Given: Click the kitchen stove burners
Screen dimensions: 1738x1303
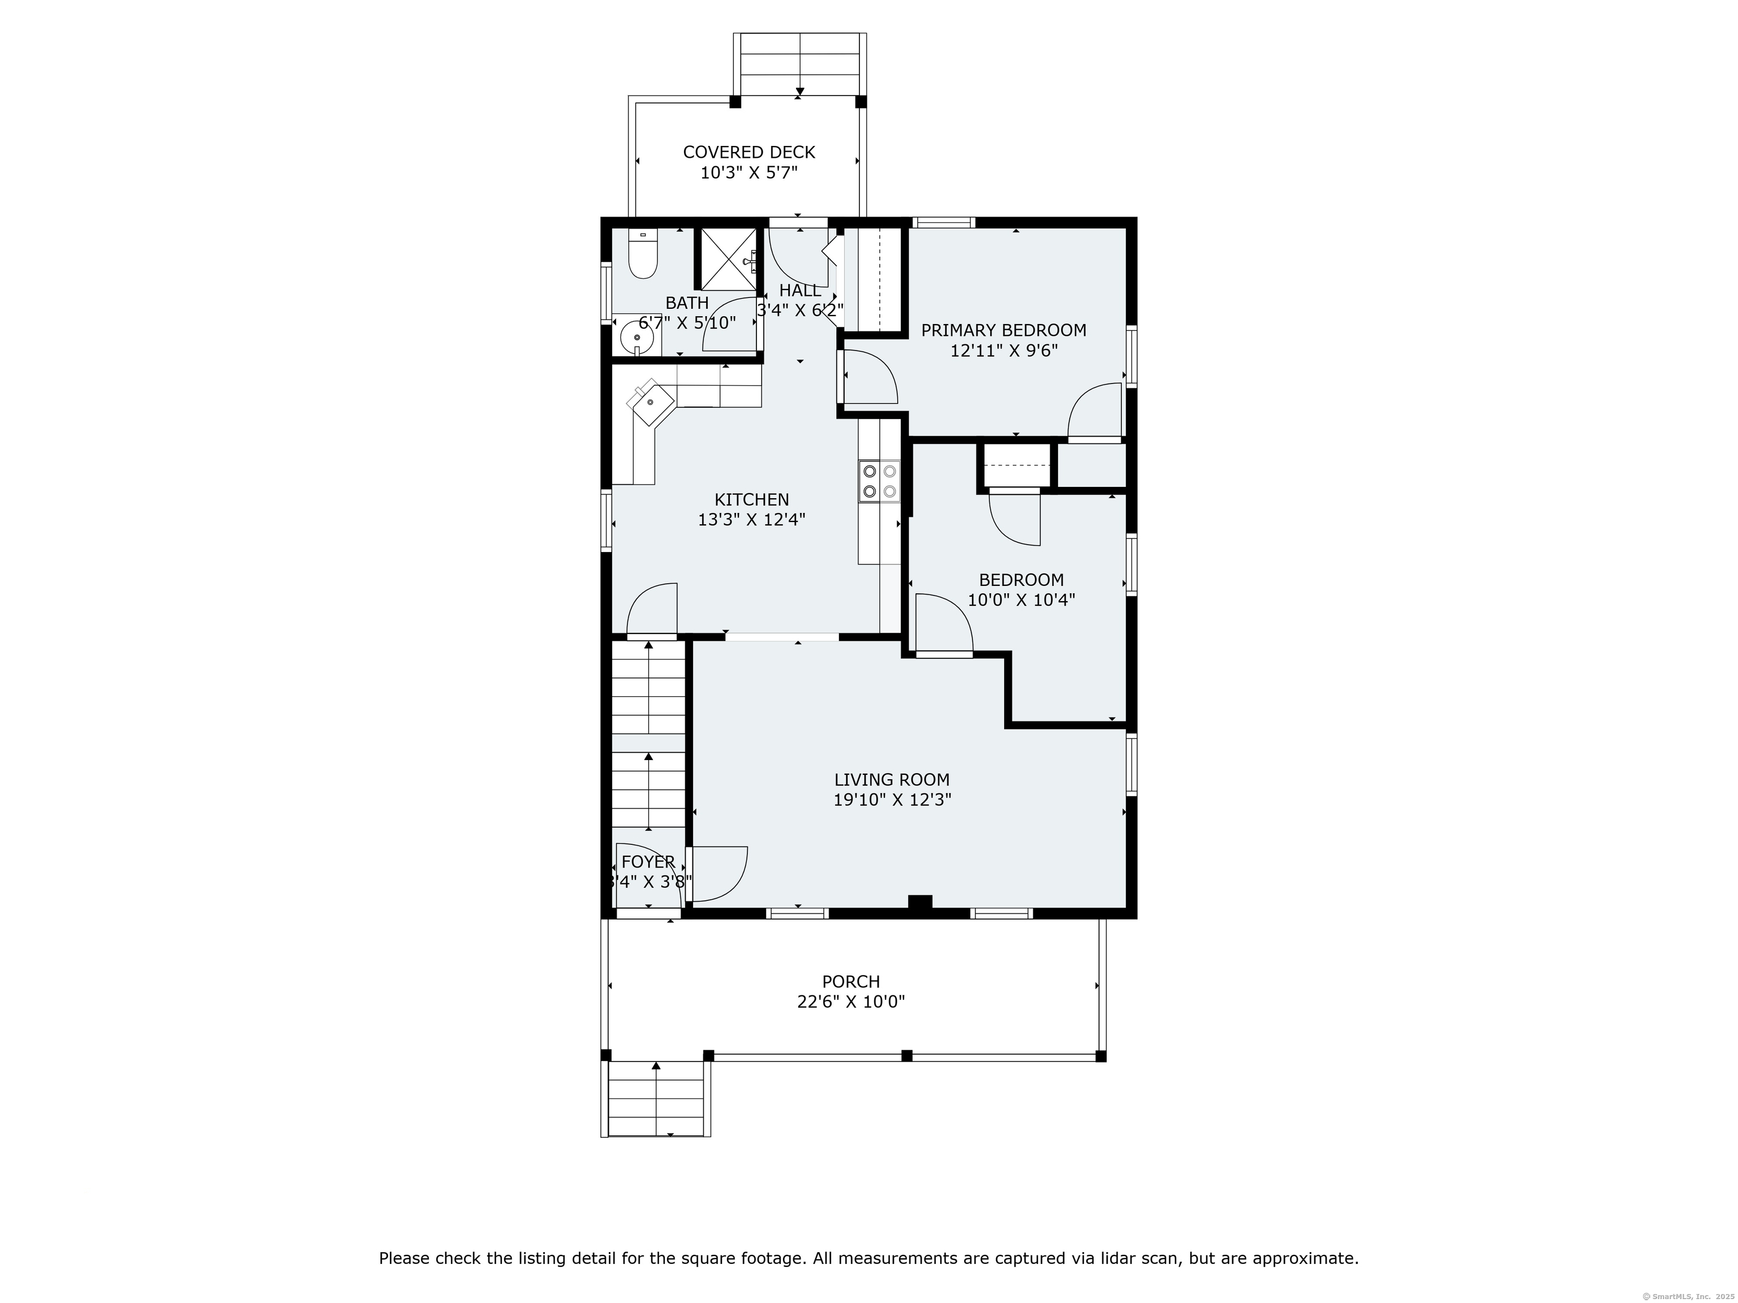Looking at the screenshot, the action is pyautogui.click(x=879, y=481).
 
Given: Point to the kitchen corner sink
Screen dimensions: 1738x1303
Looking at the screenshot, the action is pyautogui.click(x=651, y=402).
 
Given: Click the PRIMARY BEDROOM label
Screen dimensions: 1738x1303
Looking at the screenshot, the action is pyautogui.click(x=1003, y=330).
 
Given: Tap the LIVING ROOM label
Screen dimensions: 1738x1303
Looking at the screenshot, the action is pyautogui.click(x=892, y=780).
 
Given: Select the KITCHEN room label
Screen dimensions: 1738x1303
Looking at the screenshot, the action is pyautogui.click(x=752, y=499).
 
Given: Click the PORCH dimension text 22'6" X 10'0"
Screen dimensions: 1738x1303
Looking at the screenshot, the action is pyautogui.click(x=851, y=1002).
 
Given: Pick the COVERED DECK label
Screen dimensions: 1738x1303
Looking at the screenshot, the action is pyautogui.click(x=749, y=152).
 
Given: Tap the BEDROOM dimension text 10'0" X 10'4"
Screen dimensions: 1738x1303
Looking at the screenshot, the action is pyautogui.click(x=1021, y=600).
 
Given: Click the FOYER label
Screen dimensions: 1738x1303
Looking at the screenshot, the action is pyautogui.click(x=648, y=862).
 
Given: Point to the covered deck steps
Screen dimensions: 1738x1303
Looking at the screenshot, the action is pyautogui.click(x=800, y=64).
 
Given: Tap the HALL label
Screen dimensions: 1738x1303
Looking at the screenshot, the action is pyautogui.click(x=801, y=291).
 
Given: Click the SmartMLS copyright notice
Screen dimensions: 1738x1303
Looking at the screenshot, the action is pyautogui.click(x=1689, y=1295).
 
